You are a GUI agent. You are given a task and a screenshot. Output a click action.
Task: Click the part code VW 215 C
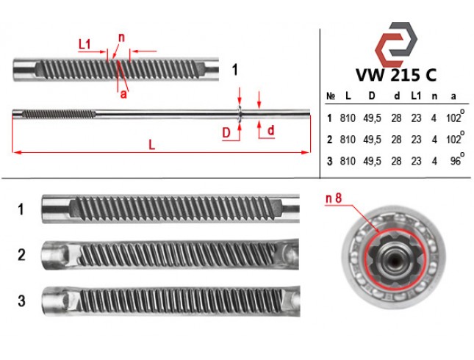coord(396,75)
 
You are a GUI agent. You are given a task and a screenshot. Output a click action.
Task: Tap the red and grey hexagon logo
coord(396,44)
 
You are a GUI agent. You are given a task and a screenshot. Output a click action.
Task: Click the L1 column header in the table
coord(416,96)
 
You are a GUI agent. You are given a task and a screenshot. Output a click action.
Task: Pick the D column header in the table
coord(372,96)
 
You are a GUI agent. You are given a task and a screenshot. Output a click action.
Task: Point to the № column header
coord(331,96)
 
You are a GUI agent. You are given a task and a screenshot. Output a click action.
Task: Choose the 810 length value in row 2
coord(348,140)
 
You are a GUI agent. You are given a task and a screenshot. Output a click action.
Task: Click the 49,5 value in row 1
coord(372,118)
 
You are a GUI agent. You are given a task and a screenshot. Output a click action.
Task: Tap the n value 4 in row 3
coord(434,161)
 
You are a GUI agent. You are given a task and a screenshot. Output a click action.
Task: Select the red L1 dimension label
coord(85,44)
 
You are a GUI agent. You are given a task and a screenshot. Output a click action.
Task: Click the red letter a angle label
coord(123,94)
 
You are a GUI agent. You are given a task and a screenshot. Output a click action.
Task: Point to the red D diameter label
coord(226,133)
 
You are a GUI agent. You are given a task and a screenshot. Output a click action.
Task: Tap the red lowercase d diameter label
coord(271,130)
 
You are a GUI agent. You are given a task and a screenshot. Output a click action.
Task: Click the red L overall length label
coord(151,145)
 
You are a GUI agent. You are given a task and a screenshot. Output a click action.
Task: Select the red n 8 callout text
coord(334,198)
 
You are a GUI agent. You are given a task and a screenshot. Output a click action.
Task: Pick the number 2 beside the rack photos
coord(21,255)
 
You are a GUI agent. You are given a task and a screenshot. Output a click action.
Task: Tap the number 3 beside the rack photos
coord(21,300)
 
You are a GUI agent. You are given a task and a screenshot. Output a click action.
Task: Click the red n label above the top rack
coord(121,37)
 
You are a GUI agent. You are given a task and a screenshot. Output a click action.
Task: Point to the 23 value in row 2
coord(416,140)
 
